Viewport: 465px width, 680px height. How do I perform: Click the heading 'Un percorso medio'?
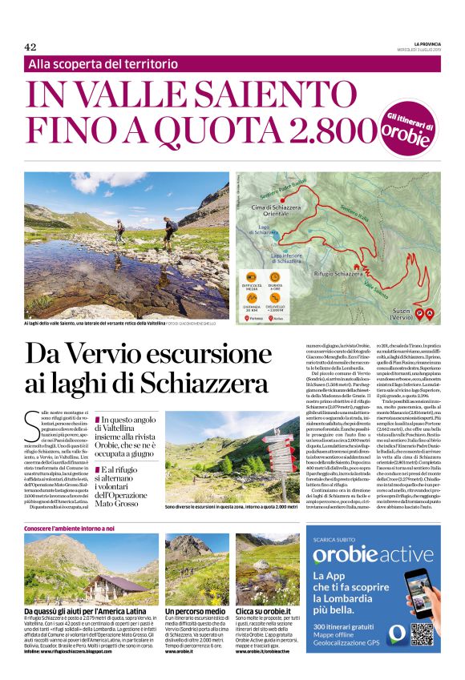pyautogui.click(x=195, y=611)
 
